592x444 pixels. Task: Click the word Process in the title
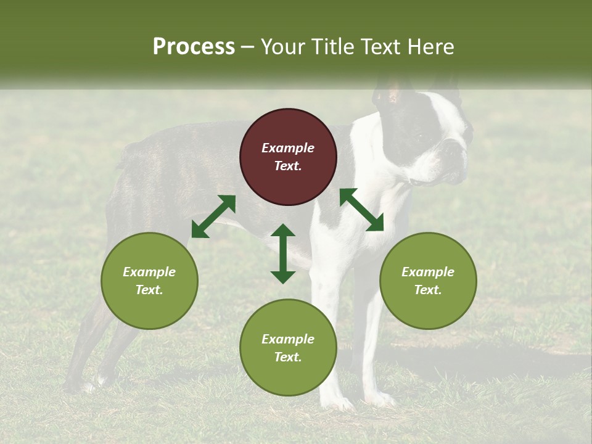click(194, 47)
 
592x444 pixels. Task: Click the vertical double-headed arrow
click(283, 253)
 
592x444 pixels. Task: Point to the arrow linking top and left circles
click(213, 216)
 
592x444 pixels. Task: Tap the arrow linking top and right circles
click(361, 210)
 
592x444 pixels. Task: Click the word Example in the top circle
click(288, 148)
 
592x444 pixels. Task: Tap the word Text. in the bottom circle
click(288, 357)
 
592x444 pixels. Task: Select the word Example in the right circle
click(428, 272)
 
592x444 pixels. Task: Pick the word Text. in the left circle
click(149, 290)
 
